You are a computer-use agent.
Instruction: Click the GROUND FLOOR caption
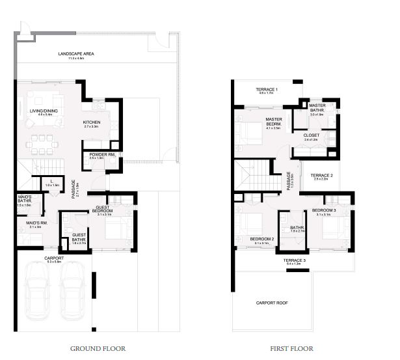click(x=98, y=348)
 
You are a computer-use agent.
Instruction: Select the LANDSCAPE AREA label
click(x=77, y=53)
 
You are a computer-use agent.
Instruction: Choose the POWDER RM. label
click(x=102, y=154)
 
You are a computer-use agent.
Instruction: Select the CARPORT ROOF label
click(x=272, y=303)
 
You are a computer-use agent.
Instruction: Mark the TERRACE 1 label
click(x=267, y=89)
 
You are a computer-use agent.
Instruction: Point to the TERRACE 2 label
click(x=321, y=175)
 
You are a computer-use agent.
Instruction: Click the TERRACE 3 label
click(x=295, y=260)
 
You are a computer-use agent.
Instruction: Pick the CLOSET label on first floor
click(x=312, y=135)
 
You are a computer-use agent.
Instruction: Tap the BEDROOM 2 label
click(x=262, y=239)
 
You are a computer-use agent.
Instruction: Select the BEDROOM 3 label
click(x=323, y=210)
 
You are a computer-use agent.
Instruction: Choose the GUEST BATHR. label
click(x=79, y=236)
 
